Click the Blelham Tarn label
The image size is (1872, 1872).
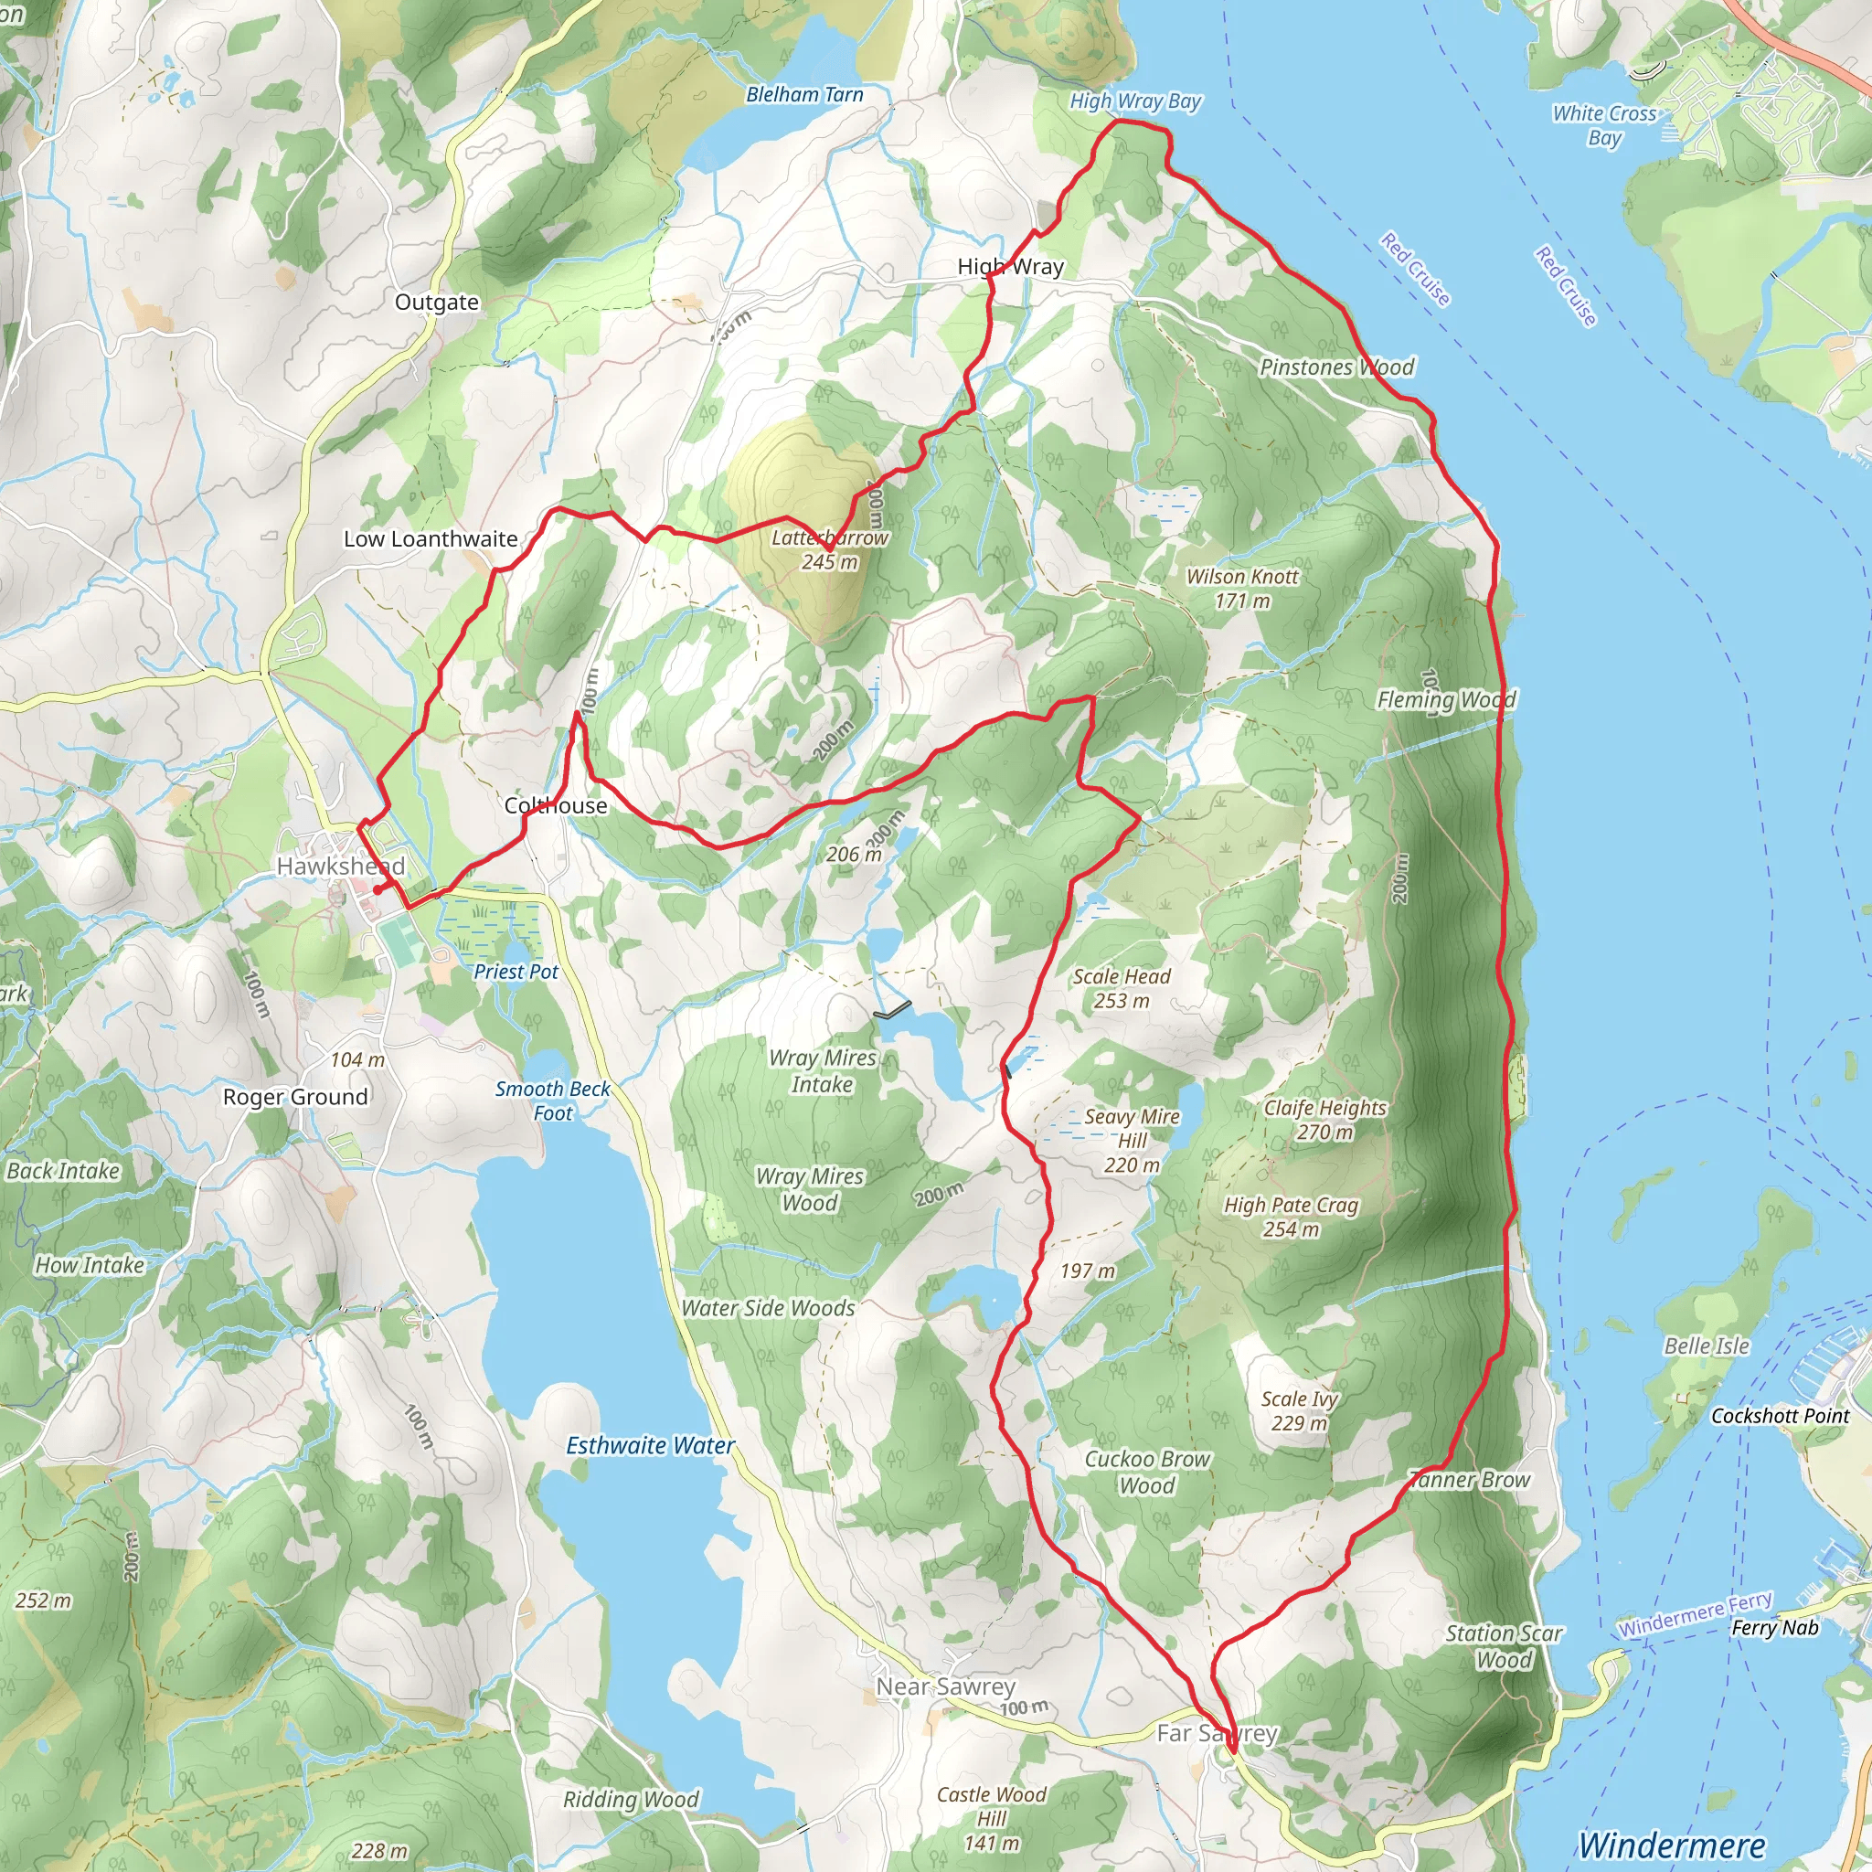coord(804,95)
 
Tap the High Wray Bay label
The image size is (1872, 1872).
coord(1134,101)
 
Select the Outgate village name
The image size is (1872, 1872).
coord(436,303)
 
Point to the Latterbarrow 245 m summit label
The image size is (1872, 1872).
coord(829,549)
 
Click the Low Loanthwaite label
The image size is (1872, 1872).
coord(431,538)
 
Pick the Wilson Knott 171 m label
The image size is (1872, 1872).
coord(1242,588)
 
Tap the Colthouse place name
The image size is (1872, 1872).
coord(555,805)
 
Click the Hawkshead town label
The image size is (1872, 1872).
coord(340,866)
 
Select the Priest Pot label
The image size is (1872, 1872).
coord(516,971)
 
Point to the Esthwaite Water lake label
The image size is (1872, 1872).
coord(650,1446)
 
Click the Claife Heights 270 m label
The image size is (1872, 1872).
coord(1324,1119)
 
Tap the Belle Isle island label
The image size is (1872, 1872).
coord(1707,1345)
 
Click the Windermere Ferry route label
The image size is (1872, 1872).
coord(1696,1614)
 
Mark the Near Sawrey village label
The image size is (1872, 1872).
coord(945,1687)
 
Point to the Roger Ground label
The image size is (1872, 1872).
coord(295,1097)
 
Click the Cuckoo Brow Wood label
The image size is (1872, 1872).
coord(1146,1472)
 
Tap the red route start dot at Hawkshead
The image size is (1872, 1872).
coord(377,889)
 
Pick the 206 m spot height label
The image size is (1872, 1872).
coord(854,854)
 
